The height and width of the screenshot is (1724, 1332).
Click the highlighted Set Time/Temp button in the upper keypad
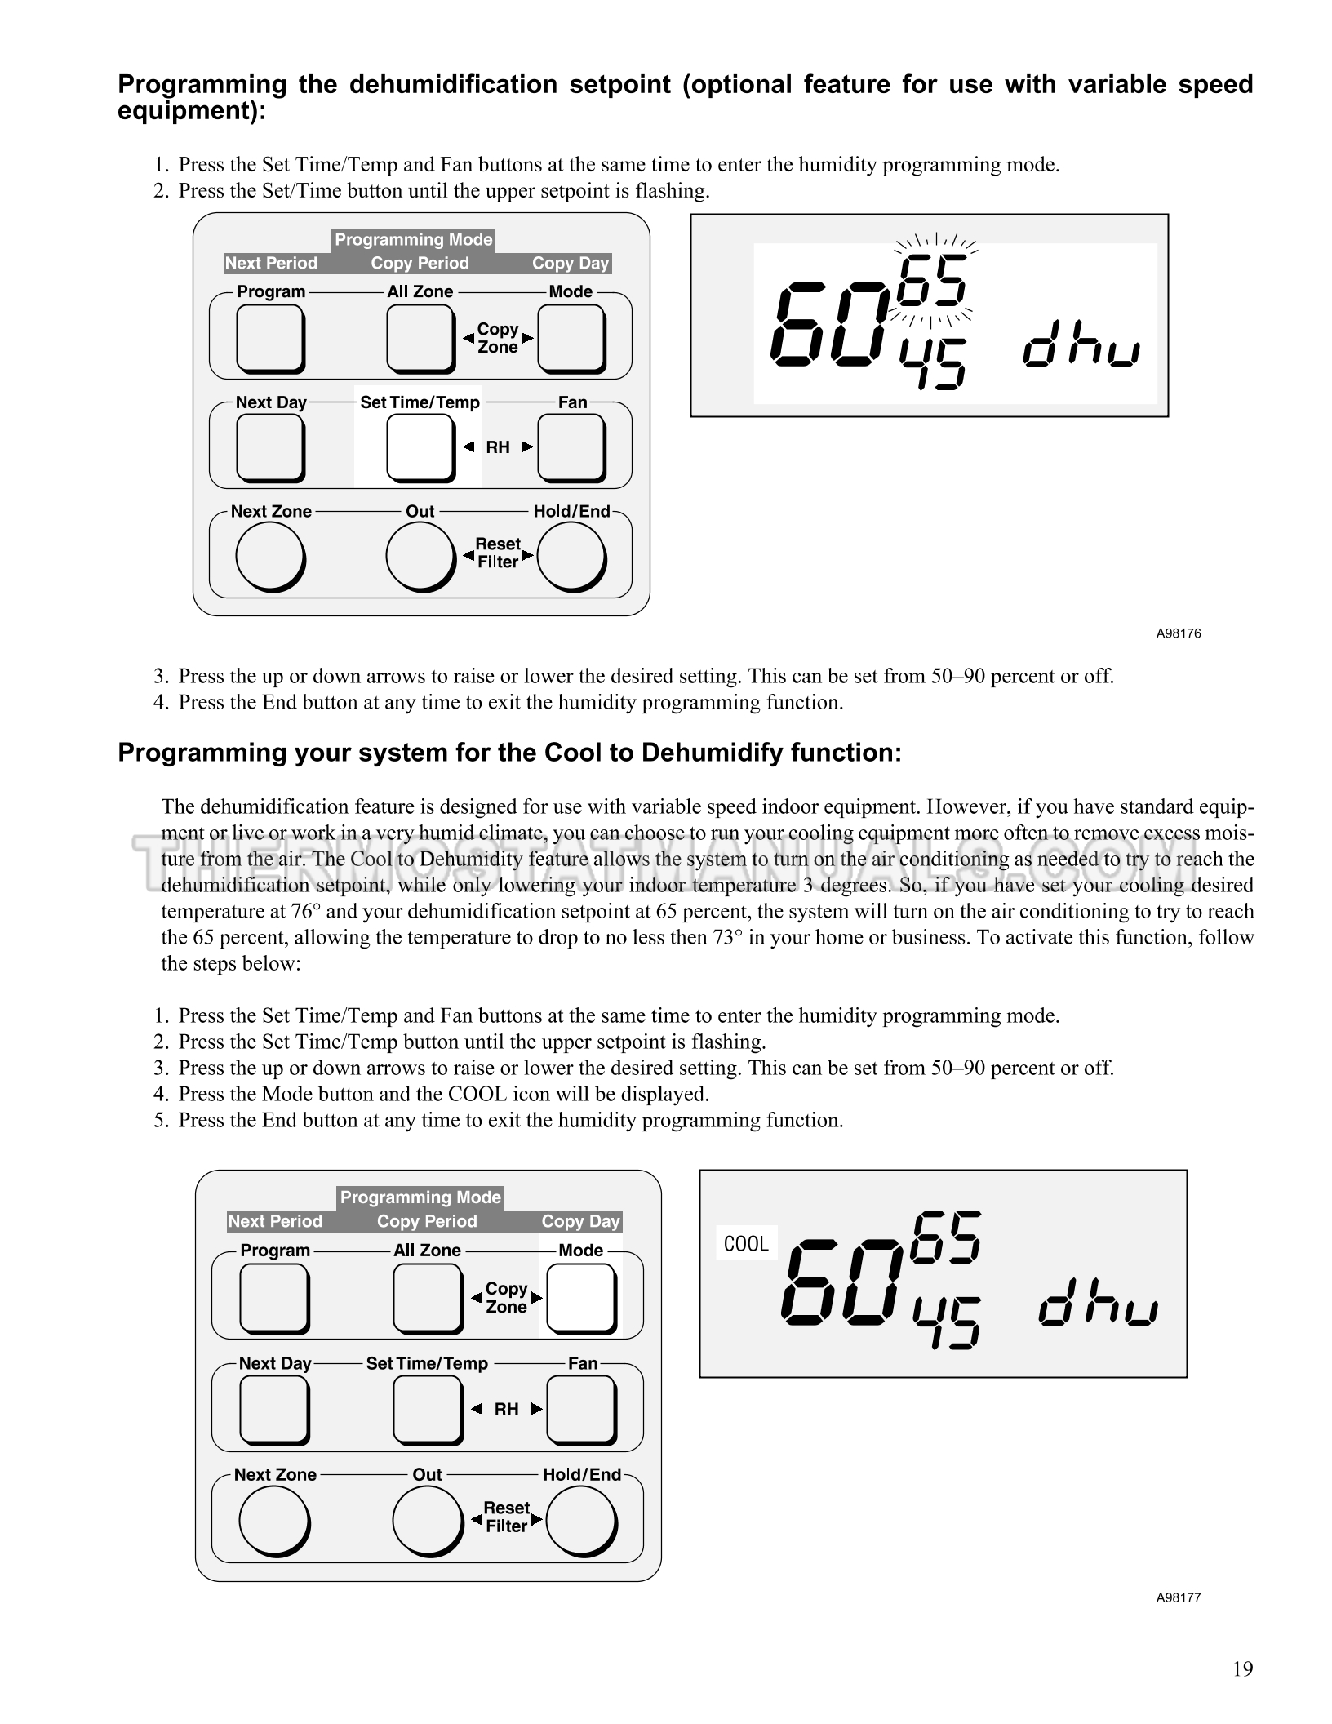(420, 448)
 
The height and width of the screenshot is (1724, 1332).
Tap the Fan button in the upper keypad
(571, 448)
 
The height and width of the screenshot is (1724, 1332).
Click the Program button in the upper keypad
(270, 339)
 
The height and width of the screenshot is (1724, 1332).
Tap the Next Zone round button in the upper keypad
(270, 558)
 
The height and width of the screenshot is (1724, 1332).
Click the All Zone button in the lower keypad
(428, 1299)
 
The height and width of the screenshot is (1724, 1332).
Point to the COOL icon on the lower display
(747, 1244)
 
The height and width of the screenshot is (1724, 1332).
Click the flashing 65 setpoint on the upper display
(935, 279)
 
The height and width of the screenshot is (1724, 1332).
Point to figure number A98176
(1178, 633)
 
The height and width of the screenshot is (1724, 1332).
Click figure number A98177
(1178, 1597)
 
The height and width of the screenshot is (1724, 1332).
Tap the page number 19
(1242, 1668)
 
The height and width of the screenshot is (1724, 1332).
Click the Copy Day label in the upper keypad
(571, 263)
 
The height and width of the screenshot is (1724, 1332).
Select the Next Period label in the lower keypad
(275, 1221)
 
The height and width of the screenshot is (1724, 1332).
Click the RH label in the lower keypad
(506, 1409)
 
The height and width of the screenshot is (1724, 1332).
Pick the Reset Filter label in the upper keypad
(498, 553)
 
